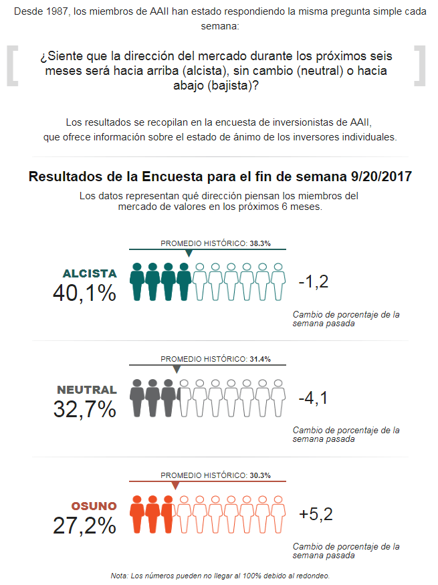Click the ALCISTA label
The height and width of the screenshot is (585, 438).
pyautogui.click(x=90, y=273)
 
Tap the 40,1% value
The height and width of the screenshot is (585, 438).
pyautogui.click(x=85, y=293)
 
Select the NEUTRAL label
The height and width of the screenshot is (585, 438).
pyautogui.click(x=87, y=390)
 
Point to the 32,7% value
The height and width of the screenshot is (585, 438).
pyautogui.click(x=85, y=409)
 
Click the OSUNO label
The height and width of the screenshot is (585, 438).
pyautogui.click(x=94, y=506)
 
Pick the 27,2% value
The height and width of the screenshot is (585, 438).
pyautogui.click(x=85, y=525)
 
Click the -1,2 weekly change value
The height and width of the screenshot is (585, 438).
pyautogui.click(x=314, y=282)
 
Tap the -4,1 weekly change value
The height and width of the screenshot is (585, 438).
pyautogui.click(x=314, y=398)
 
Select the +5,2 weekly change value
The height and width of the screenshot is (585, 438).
pyautogui.click(x=316, y=514)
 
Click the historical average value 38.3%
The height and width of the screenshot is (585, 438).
pyautogui.click(x=260, y=244)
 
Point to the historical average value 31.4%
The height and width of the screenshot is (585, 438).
pyautogui.click(x=260, y=360)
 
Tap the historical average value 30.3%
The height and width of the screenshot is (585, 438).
pyautogui.click(x=260, y=475)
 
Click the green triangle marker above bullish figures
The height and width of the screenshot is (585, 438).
pyautogui.click(x=189, y=253)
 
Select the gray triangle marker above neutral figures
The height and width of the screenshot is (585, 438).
pyautogui.click(x=177, y=369)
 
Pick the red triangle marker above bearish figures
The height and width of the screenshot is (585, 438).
pyautogui.click(x=175, y=485)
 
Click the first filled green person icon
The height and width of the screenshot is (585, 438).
pyautogui.click(x=138, y=281)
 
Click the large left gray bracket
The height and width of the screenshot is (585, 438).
pyautogui.click(x=11, y=66)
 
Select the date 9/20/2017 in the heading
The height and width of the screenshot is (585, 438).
pyautogui.click(x=381, y=177)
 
